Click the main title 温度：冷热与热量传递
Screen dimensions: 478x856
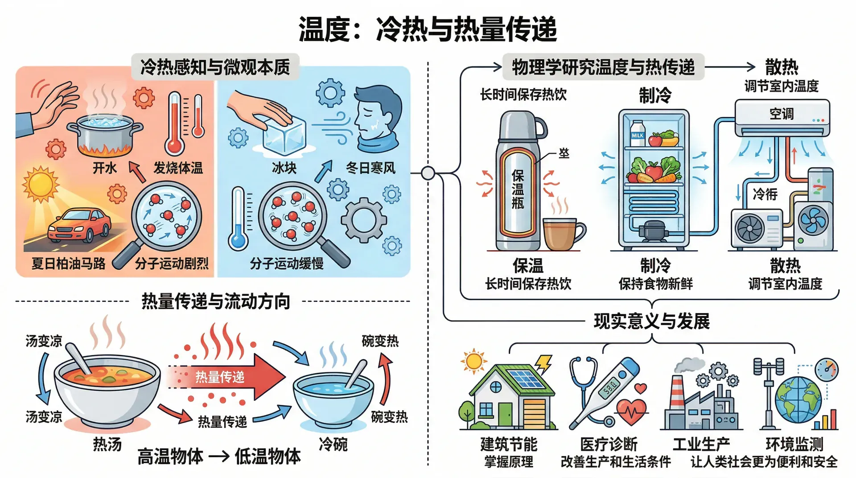tap(428, 29)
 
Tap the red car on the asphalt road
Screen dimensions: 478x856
tap(79, 225)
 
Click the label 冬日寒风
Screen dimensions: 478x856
tap(370, 168)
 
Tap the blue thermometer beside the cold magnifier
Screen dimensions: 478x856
tap(239, 218)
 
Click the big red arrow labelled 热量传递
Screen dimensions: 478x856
tap(227, 377)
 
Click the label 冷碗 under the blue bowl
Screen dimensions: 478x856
tap(333, 444)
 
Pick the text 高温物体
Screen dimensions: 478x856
tap(170, 457)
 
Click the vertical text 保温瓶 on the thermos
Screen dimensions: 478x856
tap(518, 190)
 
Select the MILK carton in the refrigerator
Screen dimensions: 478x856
tap(637, 133)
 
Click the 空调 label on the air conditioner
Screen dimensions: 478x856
tap(782, 114)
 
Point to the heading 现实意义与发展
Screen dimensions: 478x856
tap(651, 321)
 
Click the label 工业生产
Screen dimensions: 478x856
tap(701, 445)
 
